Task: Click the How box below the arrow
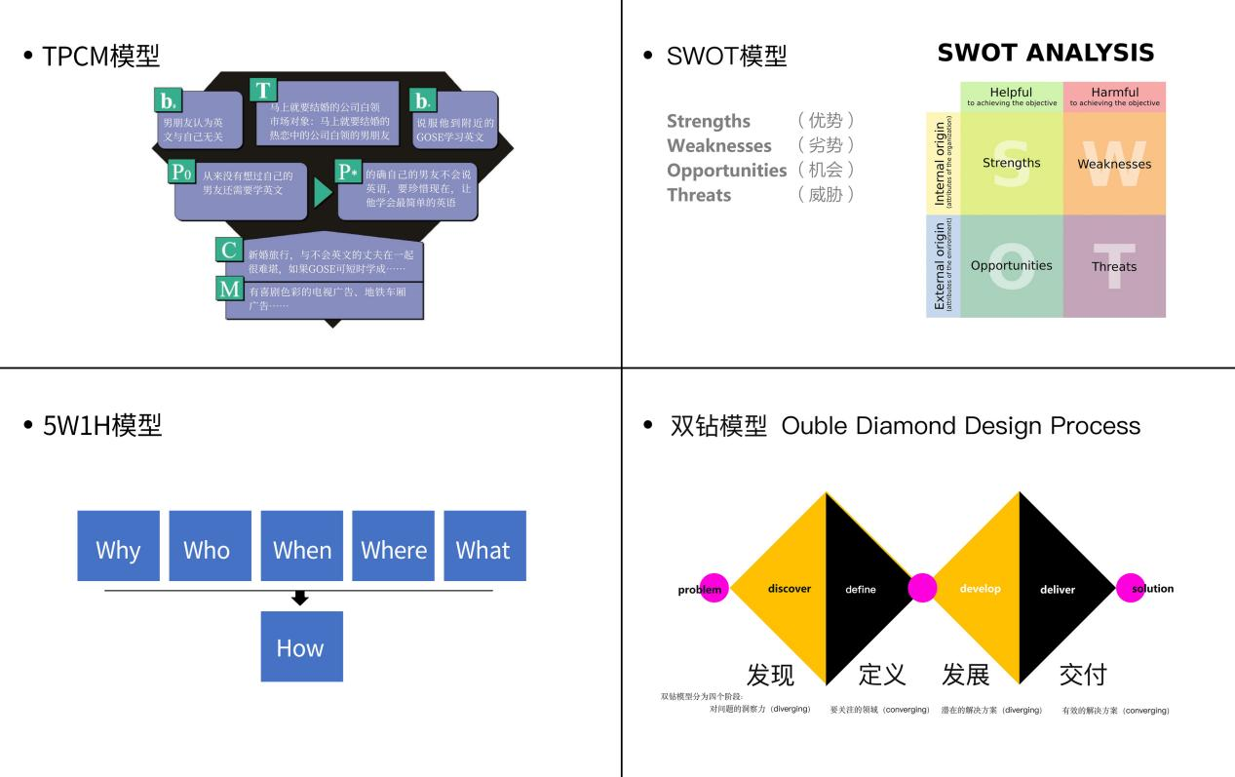click(301, 646)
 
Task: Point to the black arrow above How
click(300, 598)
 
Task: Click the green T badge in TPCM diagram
click(262, 91)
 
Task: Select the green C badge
click(229, 250)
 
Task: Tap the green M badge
click(229, 289)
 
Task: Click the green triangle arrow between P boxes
click(323, 192)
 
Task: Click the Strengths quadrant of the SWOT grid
click(1011, 163)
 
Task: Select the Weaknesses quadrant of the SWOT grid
click(1114, 163)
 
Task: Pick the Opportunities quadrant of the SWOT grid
click(1011, 265)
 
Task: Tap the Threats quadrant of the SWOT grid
click(1114, 265)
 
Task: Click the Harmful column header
click(1114, 96)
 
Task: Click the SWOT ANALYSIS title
click(1045, 53)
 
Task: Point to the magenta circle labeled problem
click(714, 589)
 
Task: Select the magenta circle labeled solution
click(1131, 589)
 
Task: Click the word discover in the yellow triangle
click(789, 589)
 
